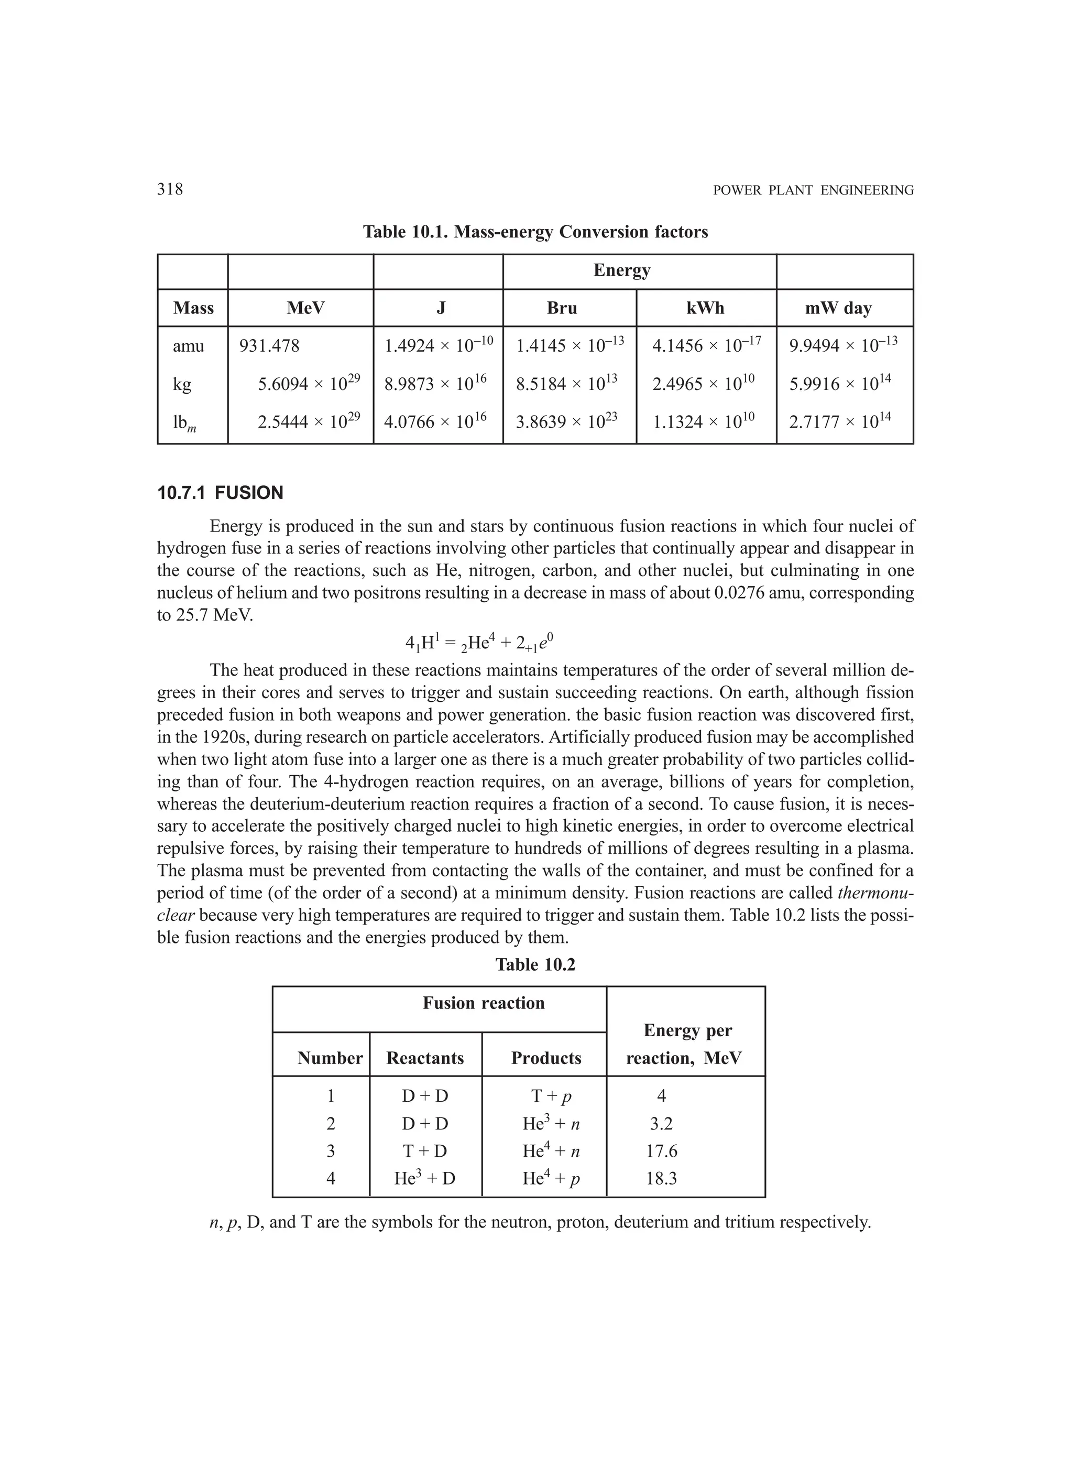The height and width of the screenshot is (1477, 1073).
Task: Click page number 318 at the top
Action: pyautogui.click(x=170, y=190)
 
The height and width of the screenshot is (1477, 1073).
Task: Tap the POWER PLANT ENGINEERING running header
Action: pyautogui.click(x=813, y=191)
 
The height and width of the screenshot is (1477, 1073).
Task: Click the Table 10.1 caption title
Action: pyautogui.click(x=535, y=232)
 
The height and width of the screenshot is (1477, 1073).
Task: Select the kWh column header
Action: pyautogui.click(x=705, y=308)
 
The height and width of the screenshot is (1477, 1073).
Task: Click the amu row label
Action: pyautogui.click(x=188, y=346)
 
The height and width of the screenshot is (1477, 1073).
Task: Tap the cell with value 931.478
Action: pyautogui.click(x=269, y=346)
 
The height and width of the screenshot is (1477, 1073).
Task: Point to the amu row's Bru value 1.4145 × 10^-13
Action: pyautogui.click(x=569, y=346)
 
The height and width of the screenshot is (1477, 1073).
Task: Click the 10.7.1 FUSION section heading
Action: pyautogui.click(x=220, y=493)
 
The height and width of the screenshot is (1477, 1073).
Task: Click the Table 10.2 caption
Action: pyautogui.click(x=535, y=964)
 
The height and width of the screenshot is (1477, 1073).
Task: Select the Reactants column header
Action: pyautogui.click(x=424, y=1058)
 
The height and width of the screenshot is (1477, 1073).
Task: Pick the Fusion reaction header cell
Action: pyautogui.click(x=483, y=1003)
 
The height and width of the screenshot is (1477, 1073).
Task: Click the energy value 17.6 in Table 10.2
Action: pyautogui.click(x=662, y=1152)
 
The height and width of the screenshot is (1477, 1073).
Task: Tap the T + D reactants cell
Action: pyautogui.click(x=424, y=1152)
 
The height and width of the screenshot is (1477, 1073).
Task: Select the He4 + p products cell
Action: pyautogui.click(x=551, y=1179)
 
